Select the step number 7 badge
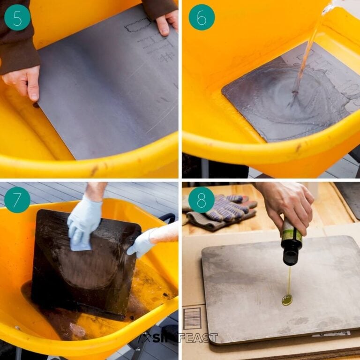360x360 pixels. [17, 199]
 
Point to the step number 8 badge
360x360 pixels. [202, 200]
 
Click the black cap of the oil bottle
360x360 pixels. [291, 256]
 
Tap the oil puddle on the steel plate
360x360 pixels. [287, 300]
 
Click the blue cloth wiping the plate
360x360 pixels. [80, 244]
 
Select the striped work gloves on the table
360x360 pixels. [223, 210]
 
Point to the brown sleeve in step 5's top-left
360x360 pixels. [18, 47]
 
